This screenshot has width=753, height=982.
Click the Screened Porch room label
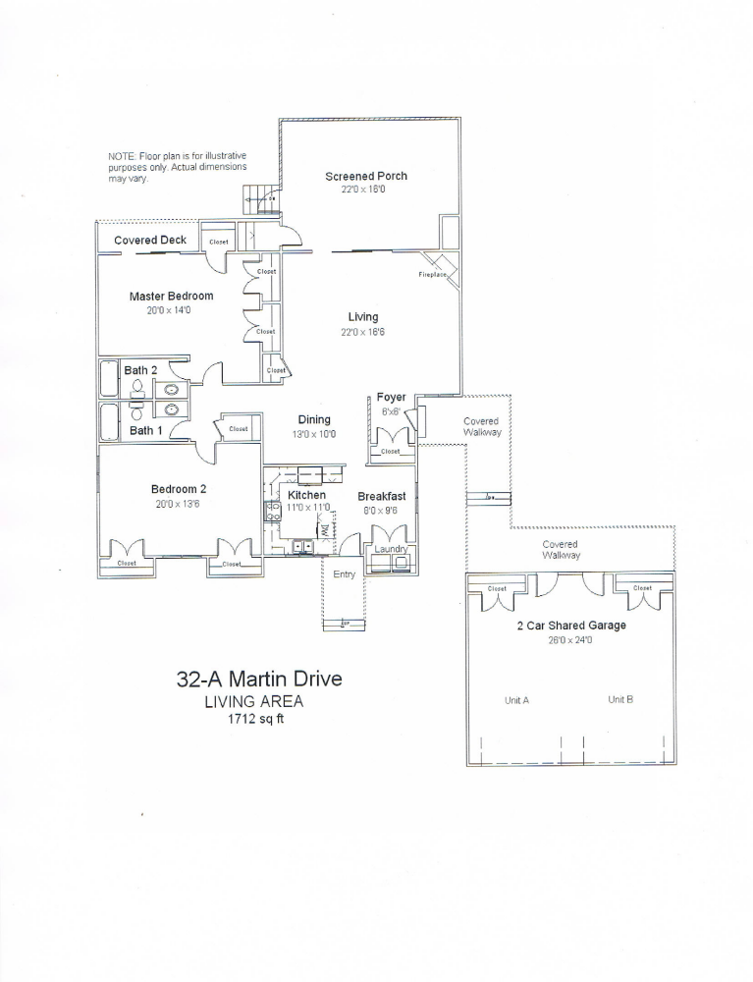tap(365, 176)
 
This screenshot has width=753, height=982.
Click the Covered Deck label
tap(150, 241)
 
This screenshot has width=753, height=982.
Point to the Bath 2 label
tap(140, 370)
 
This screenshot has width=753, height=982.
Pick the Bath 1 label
tap(147, 430)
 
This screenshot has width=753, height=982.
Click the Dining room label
tap(314, 419)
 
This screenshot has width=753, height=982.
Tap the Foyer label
tap(391, 397)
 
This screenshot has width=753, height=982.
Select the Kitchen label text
tap(306, 495)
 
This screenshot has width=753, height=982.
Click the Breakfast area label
tap(381, 497)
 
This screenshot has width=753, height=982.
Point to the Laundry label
tap(390, 549)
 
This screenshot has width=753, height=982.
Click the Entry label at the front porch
tap(344, 574)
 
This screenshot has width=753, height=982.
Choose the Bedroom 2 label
tap(178, 489)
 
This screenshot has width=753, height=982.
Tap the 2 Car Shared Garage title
tap(571, 625)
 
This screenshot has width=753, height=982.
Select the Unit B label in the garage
tap(619, 700)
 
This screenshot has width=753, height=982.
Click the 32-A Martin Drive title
tap(259, 679)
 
